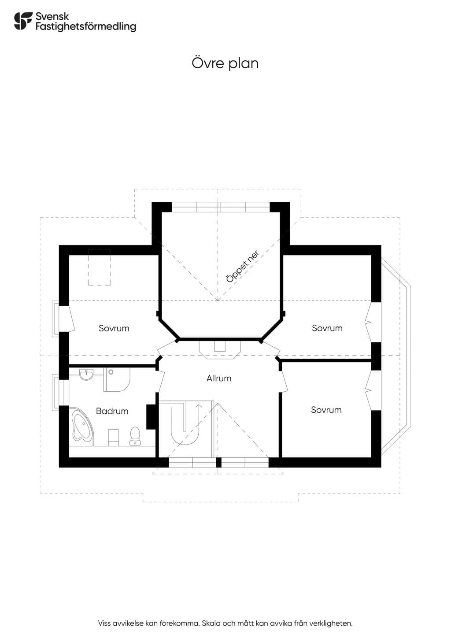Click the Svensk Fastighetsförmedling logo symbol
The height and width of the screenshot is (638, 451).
(x=23, y=21)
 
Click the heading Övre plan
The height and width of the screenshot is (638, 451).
(x=225, y=63)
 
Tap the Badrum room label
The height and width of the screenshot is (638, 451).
(x=112, y=411)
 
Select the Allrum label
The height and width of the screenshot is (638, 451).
(x=218, y=378)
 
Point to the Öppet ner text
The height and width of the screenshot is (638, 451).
(x=242, y=266)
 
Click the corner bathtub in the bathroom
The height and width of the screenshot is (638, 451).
(x=82, y=427)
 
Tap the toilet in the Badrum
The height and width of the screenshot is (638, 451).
(x=135, y=436)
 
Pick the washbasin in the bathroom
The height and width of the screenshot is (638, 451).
(x=86, y=375)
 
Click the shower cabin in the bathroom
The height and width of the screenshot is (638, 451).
(x=117, y=379)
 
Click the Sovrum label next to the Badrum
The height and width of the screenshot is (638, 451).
(x=114, y=328)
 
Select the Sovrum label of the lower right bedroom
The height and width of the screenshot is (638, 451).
(x=326, y=410)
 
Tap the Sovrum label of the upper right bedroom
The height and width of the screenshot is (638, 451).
(x=327, y=328)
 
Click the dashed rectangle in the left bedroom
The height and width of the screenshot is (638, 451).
(x=99, y=267)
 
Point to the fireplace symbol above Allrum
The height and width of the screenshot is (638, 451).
(x=220, y=350)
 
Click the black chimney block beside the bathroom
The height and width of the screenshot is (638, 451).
(x=151, y=417)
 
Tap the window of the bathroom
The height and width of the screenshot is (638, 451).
(x=60, y=393)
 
